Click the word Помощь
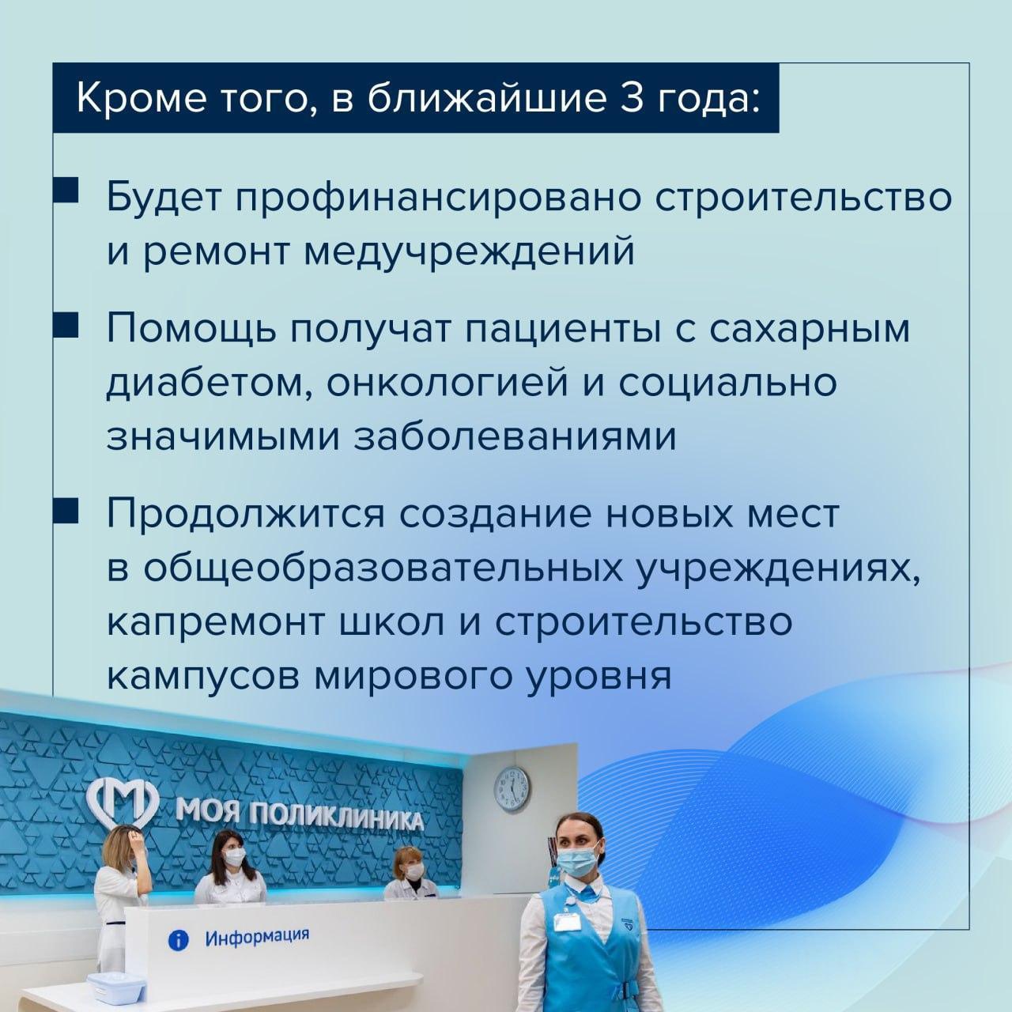click(191, 330)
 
